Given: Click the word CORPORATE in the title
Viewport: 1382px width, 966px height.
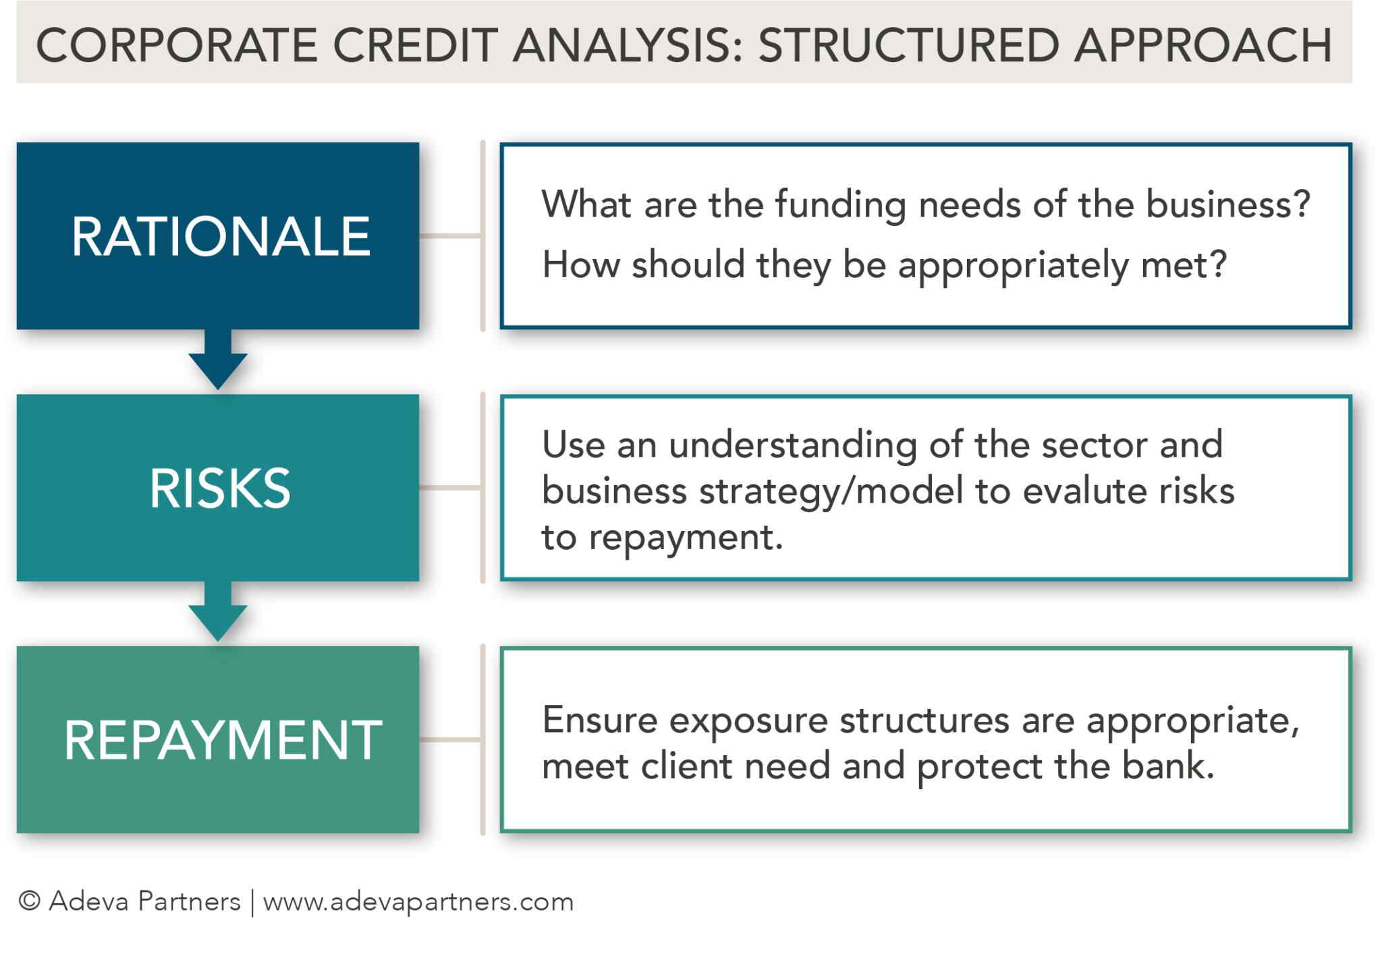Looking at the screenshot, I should click(x=176, y=46).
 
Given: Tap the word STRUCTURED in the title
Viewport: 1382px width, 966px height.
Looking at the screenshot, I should click(x=909, y=46).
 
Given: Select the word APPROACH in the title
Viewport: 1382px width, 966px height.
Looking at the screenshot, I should click(x=1203, y=46).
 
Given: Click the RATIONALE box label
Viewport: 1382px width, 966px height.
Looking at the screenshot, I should click(x=221, y=237).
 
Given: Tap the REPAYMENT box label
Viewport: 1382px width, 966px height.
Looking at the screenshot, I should click(x=223, y=740).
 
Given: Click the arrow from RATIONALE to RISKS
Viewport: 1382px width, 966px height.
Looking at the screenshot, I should click(x=218, y=360).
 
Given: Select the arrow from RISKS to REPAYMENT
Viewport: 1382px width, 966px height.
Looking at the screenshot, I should click(x=218, y=612).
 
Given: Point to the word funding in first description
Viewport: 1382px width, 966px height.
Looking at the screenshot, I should click(x=840, y=204).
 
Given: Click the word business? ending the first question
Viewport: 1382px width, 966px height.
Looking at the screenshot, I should click(x=1227, y=204).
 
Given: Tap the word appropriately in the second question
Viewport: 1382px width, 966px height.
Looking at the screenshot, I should click(x=1013, y=265).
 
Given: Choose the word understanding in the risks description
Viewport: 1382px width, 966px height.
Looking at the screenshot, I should click(x=792, y=445).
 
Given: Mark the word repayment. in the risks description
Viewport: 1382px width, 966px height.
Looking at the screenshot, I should click(x=686, y=538).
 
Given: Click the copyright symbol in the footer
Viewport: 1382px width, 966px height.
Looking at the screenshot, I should click(x=30, y=901).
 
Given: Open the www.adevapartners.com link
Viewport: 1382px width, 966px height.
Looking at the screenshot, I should click(x=418, y=902).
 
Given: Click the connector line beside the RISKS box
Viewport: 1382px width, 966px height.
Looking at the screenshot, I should click(x=450, y=487).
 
